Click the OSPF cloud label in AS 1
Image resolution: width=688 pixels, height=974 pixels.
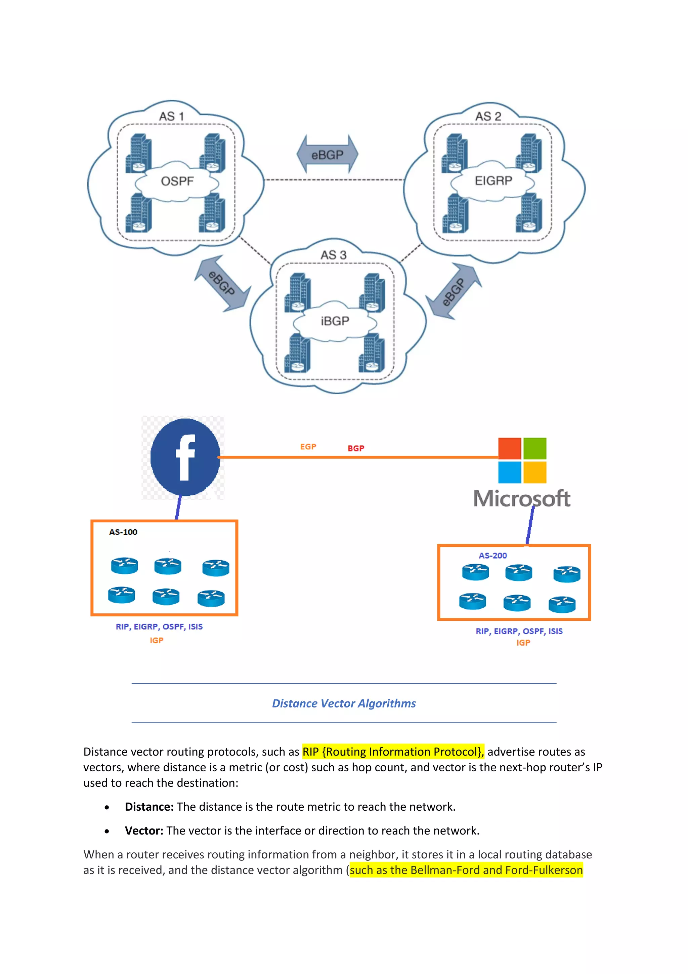[x=177, y=181]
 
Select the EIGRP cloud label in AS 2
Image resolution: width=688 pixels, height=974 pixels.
[x=493, y=181]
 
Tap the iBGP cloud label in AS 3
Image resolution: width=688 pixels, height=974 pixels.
[x=335, y=321]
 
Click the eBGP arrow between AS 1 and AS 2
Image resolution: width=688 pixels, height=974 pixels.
[x=327, y=154]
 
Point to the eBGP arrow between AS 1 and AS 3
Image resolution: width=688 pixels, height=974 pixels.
[x=222, y=283]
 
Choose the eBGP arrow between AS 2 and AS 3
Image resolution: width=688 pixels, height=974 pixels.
[x=454, y=291]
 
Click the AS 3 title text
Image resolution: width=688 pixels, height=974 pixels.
[x=333, y=255]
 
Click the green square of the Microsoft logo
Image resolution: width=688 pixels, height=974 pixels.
[x=534, y=448]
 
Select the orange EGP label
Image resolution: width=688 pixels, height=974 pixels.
[x=308, y=447]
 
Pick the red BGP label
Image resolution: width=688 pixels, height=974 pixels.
[x=356, y=448]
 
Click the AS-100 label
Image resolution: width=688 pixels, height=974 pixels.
[x=123, y=532]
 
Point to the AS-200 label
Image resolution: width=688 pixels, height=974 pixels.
[x=492, y=555]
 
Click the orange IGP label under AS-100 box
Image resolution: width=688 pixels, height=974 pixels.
[x=157, y=640]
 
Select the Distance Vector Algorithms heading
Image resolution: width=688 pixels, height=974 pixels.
[x=344, y=703]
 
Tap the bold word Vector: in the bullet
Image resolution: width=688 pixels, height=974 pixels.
[x=144, y=830]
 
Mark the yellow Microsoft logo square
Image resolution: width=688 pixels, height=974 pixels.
[x=534, y=472]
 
